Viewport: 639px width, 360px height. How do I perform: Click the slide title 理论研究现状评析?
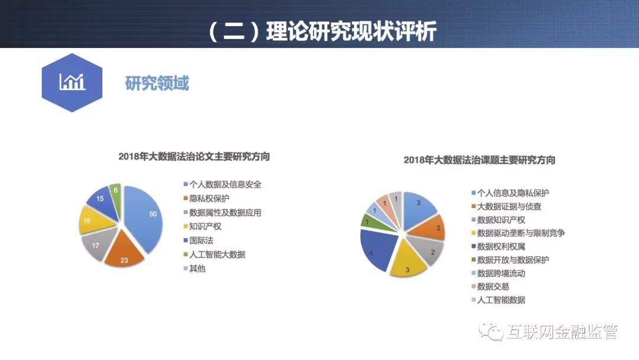(x=351, y=31)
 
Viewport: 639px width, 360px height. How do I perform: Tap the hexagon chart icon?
(x=72, y=82)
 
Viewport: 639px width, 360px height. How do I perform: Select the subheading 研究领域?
(x=157, y=83)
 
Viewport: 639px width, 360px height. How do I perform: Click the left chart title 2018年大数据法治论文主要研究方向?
(x=194, y=156)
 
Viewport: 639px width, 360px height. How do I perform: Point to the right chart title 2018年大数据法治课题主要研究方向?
(x=479, y=160)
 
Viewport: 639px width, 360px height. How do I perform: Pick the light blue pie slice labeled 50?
(x=145, y=216)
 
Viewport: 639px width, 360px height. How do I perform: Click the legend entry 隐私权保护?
(x=206, y=198)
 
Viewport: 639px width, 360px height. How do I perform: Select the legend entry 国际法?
(x=198, y=240)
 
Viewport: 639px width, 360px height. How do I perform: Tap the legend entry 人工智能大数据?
(x=214, y=255)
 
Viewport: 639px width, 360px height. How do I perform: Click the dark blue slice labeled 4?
(x=377, y=249)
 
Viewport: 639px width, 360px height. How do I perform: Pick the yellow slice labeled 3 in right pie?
(x=408, y=261)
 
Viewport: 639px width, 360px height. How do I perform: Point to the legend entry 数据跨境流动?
(x=498, y=273)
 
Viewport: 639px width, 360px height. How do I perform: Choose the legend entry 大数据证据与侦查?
(x=506, y=206)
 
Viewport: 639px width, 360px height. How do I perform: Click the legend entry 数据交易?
(x=490, y=287)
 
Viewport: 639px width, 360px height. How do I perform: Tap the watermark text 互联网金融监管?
(x=563, y=332)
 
